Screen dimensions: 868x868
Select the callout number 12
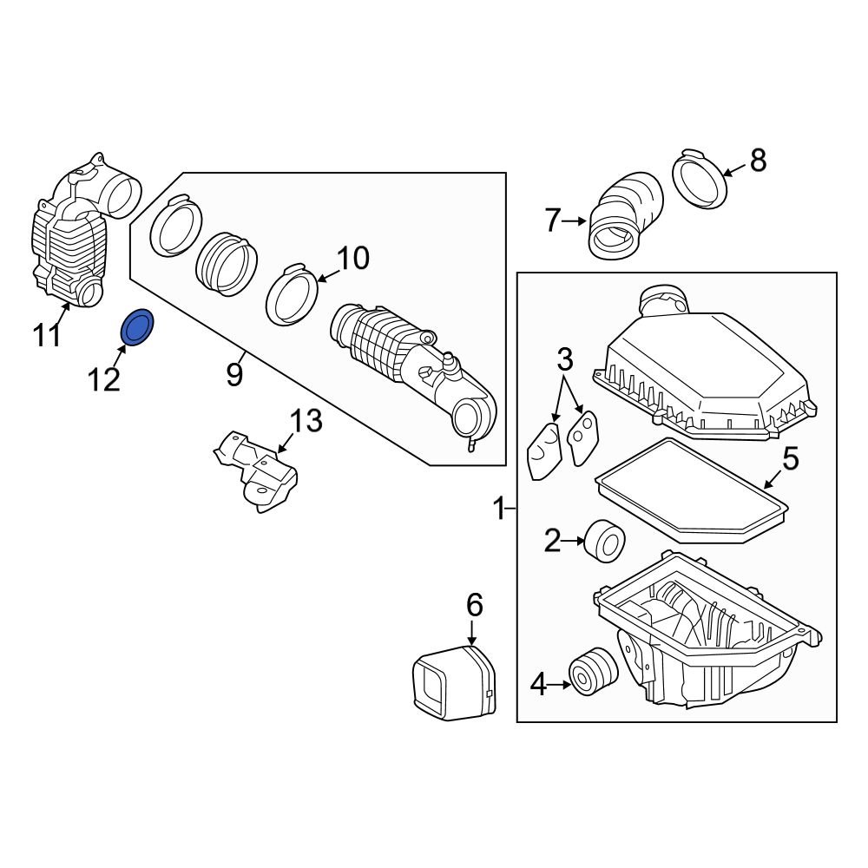(103, 378)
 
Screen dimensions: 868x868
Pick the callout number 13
(305, 422)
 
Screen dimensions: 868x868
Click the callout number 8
(758, 160)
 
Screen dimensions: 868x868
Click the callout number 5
(789, 458)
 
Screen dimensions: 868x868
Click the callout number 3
(565, 358)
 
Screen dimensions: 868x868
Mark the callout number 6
(474, 604)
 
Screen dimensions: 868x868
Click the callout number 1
(499, 509)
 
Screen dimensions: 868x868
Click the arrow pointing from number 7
(575, 222)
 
